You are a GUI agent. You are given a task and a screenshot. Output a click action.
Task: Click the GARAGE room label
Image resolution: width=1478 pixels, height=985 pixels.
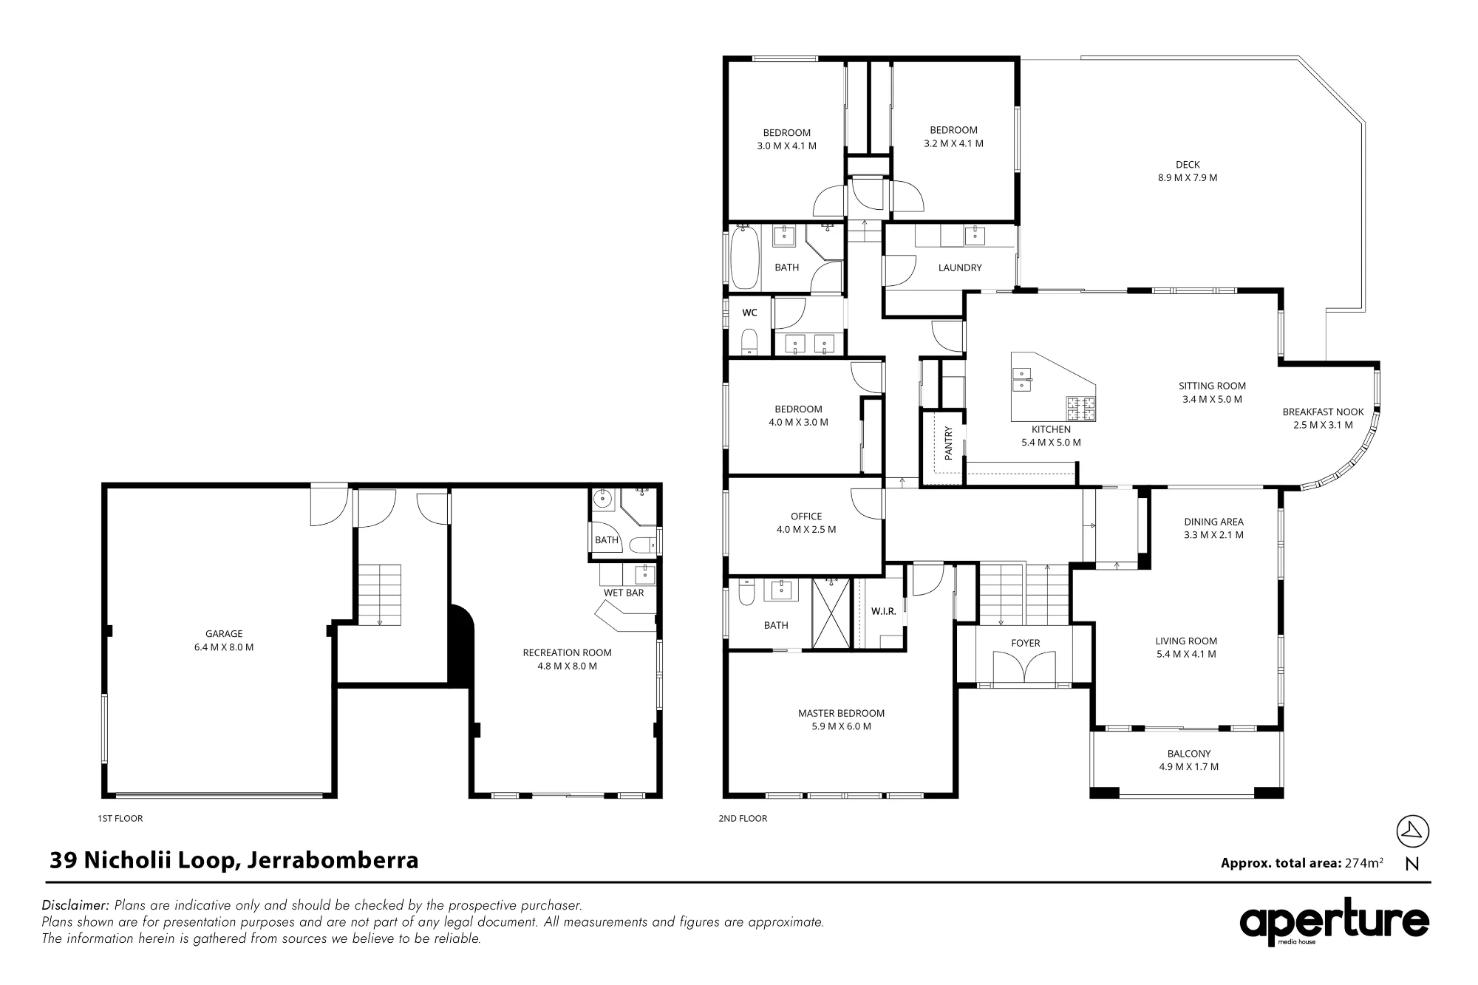224,633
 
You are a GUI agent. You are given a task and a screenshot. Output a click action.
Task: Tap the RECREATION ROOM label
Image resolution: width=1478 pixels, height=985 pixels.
567,652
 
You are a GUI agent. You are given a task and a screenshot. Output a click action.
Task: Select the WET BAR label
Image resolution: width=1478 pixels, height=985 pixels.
624,593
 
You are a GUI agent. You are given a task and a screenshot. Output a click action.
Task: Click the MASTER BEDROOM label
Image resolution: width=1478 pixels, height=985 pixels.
841,713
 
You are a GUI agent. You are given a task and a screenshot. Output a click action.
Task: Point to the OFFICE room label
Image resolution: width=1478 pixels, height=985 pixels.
806,517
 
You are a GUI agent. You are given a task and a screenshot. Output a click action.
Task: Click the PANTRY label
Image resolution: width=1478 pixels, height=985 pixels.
949,441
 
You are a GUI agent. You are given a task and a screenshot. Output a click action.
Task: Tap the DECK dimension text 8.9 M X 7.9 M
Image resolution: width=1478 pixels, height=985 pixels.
1188,177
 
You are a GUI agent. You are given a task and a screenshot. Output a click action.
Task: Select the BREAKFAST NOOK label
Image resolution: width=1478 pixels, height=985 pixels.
1323,412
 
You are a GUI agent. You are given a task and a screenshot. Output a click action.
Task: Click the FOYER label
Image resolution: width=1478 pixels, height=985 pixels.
1026,644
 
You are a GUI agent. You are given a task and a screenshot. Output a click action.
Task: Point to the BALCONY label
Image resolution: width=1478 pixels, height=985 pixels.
1189,754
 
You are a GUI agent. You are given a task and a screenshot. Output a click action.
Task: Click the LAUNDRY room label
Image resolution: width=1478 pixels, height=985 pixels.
960,267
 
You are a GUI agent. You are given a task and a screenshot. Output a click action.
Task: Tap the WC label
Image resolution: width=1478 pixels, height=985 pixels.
749,313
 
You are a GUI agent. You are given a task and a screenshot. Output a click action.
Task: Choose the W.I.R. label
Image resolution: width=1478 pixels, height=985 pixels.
884,611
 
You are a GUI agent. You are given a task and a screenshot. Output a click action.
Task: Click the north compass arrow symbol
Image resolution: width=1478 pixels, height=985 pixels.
1412,831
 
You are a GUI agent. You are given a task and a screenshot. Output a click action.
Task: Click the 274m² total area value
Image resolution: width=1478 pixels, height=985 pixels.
1364,862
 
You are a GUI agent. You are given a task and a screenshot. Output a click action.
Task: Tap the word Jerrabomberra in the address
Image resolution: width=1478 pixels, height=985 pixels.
333,860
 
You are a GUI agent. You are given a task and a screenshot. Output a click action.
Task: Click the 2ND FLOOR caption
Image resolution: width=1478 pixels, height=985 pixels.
743,818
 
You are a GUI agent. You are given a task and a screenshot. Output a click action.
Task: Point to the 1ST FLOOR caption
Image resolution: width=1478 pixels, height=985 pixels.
120,818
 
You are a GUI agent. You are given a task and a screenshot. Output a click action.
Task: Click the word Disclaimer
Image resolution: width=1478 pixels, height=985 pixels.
75,905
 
